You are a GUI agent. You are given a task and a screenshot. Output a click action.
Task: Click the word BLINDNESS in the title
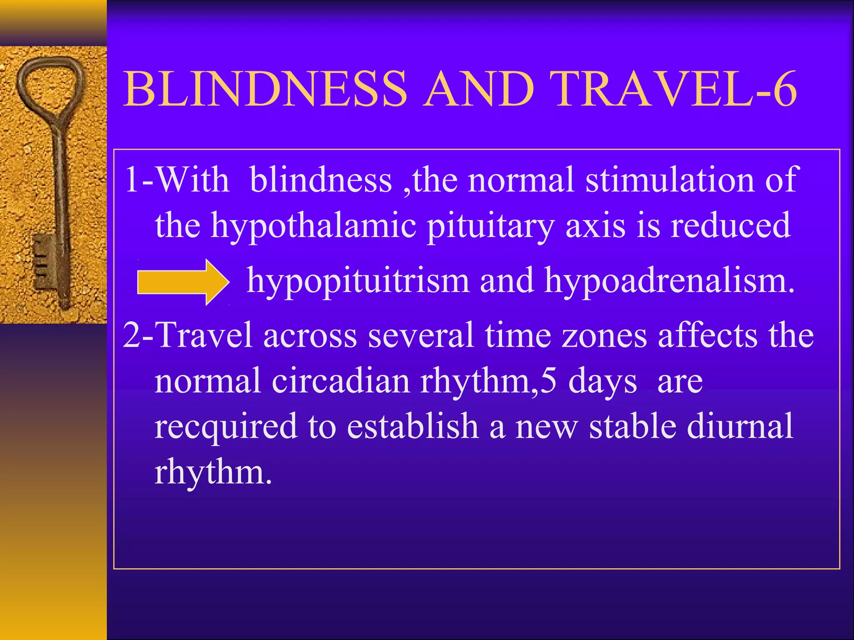(x=265, y=89)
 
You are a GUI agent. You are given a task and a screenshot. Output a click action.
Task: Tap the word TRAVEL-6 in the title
(x=676, y=89)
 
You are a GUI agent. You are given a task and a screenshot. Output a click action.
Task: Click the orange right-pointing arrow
(x=183, y=282)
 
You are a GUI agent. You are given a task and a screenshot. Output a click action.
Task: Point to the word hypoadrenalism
(x=670, y=280)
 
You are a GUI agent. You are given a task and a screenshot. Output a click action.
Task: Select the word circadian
(x=341, y=380)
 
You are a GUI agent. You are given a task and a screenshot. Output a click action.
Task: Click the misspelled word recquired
(x=226, y=426)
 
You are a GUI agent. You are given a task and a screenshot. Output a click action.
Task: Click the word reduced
(x=730, y=225)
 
